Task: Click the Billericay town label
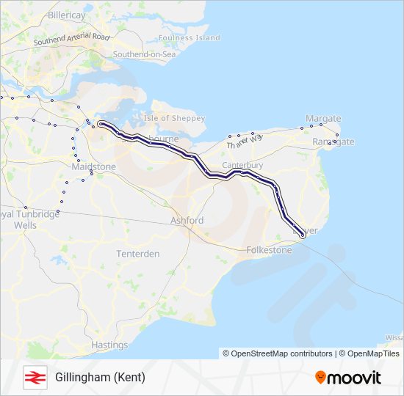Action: click(x=67, y=14)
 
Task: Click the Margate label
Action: click(x=323, y=118)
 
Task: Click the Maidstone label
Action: click(x=94, y=167)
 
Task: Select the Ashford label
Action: click(x=187, y=220)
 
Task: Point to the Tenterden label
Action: click(x=138, y=254)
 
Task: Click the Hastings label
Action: click(x=109, y=345)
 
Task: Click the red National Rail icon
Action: click(x=35, y=377)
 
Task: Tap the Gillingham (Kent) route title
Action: click(x=100, y=378)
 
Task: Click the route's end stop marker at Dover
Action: click(x=303, y=235)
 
